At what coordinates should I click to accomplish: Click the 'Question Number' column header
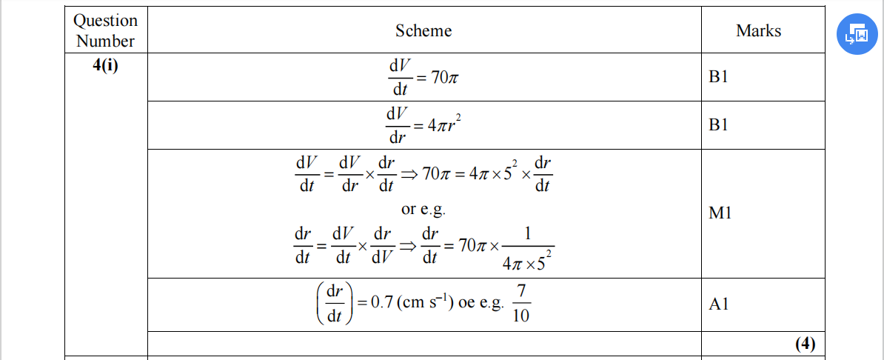106,30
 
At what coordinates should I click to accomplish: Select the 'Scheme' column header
423,30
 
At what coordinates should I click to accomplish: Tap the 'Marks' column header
758,30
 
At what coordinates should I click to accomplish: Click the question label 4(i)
106,65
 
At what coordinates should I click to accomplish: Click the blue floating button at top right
857,33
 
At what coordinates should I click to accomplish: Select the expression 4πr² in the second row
443,126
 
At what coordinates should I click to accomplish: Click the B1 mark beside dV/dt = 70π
718,77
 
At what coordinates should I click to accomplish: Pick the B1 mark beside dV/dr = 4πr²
718,125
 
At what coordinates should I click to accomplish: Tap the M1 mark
720,213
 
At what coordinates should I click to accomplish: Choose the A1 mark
718,304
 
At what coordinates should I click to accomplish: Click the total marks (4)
805,344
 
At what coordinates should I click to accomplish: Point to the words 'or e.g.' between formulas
423,209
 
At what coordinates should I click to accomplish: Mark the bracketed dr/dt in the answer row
333,304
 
